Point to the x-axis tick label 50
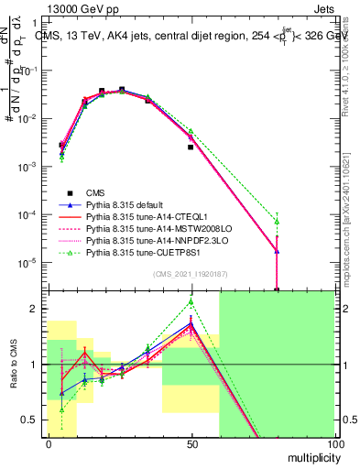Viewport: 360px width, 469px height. [191, 443]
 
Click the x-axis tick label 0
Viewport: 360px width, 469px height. [49, 443]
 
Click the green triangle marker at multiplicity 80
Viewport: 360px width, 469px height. [277, 222]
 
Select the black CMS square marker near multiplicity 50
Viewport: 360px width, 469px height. [191, 147]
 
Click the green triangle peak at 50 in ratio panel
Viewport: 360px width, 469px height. [191, 300]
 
